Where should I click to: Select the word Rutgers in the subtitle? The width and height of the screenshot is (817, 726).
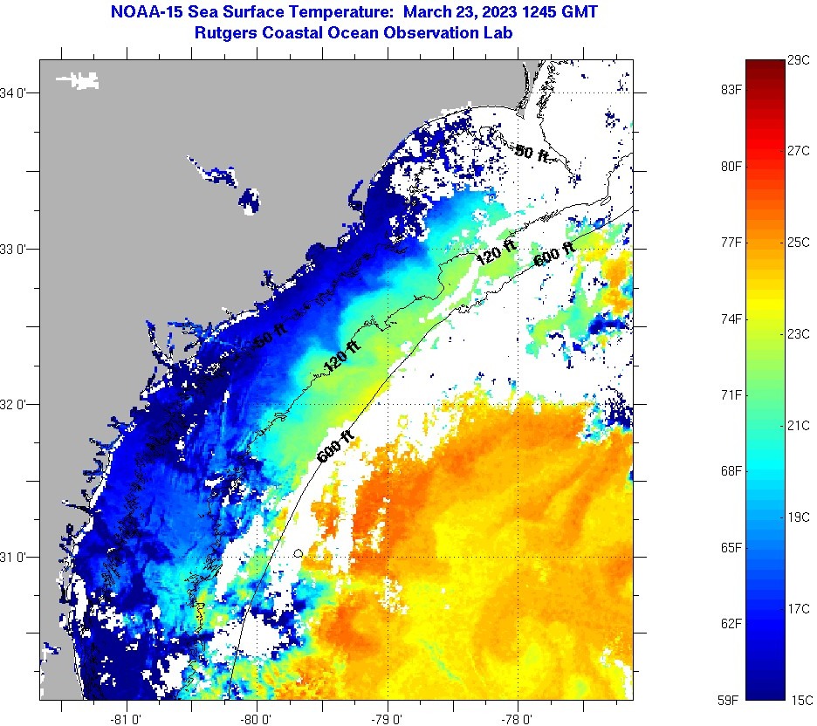click(226, 33)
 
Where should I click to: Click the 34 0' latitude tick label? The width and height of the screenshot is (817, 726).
click(17, 92)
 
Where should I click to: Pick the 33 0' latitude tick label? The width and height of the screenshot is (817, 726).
click(17, 249)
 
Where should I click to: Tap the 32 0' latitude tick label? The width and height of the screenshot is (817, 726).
click(17, 404)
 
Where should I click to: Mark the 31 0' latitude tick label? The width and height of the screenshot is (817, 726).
click(17, 557)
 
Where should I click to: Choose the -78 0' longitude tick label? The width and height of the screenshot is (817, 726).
click(518, 719)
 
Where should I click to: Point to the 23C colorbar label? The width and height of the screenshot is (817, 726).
click(799, 333)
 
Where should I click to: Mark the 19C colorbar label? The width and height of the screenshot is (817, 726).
click(799, 517)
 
